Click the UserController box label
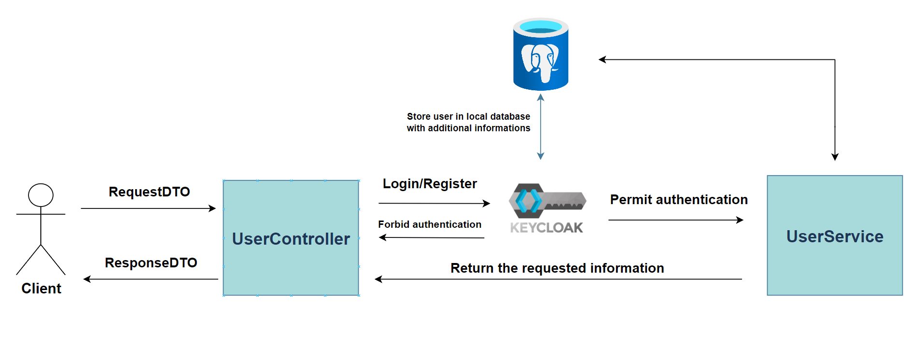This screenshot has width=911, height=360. pos(291,239)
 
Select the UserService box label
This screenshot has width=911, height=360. pos(834,236)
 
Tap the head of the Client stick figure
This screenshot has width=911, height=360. pos(41,195)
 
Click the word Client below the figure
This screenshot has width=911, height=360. pos(42,289)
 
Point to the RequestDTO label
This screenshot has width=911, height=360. pos(149,192)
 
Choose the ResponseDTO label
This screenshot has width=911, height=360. pos(151,263)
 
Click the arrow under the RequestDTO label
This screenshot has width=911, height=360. pos(148,208)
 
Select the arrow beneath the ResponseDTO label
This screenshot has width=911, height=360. pos(151,279)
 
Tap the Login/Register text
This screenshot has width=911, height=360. pos(430,184)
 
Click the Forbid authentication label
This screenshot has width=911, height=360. pos(430,224)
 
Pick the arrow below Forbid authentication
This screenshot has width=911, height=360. pos(431,237)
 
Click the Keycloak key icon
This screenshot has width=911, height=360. pos(547,201)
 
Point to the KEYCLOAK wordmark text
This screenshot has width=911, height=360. pos(547,228)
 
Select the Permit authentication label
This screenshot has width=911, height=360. pos(678,200)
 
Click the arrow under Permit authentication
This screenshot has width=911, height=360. pos(675,220)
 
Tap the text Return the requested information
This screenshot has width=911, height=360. pos(557,268)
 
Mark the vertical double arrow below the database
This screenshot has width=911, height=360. pos(541,126)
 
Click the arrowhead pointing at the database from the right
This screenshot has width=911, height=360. pos(602,60)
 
